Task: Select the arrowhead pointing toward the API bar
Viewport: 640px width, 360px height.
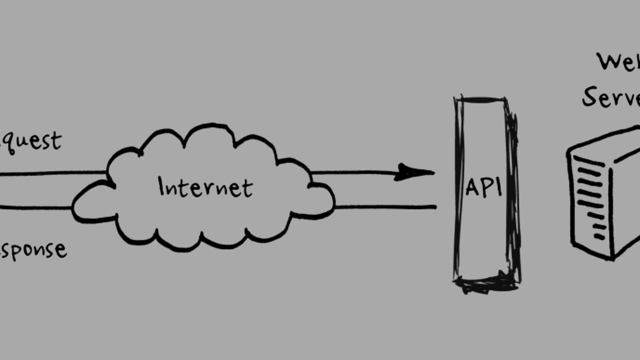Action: tap(415, 172)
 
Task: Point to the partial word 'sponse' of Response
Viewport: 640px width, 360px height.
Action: tap(34, 249)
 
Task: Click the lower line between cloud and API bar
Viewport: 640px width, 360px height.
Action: tap(385, 206)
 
